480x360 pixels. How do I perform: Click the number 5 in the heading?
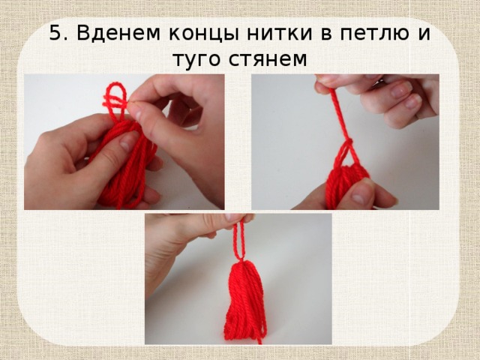coord(55,34)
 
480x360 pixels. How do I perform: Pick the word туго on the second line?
coord(198,58)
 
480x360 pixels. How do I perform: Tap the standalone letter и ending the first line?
coord(423,34)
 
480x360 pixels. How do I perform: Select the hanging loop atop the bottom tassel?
coord(239,240)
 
